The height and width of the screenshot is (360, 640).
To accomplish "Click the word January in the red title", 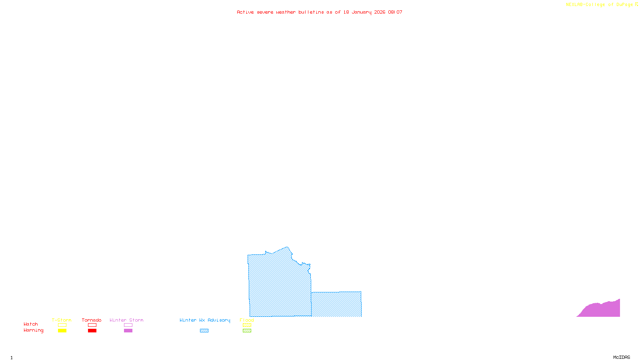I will [361, 12].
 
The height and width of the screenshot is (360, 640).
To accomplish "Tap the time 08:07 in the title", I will [395, 12].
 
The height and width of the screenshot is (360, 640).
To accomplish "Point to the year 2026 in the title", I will [380, 12].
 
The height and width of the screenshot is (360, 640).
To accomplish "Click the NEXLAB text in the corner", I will [574, 5].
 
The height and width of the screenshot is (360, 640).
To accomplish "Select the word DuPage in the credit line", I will [624, 5].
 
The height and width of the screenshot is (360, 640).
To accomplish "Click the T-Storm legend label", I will [62, 320].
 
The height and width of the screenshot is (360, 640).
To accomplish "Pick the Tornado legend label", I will [92, 320].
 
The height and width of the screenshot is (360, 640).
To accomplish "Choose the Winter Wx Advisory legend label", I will [205, 320].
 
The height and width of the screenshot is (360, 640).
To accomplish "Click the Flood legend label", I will [247, 320].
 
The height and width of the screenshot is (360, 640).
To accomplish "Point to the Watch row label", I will [31, 324].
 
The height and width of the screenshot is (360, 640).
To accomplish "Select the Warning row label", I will [33, 330].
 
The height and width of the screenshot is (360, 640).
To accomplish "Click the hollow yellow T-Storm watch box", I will [62, 325].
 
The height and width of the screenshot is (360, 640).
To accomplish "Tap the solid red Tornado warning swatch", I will [92, 331].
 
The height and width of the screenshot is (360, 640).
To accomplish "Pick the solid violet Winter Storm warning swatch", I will [128, 331].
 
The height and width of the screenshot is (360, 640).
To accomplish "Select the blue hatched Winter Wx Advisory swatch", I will [204, 331].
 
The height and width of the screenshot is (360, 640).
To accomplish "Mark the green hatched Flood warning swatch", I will [247, 331].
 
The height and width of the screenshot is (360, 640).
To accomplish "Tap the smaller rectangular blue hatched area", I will [336, 304].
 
